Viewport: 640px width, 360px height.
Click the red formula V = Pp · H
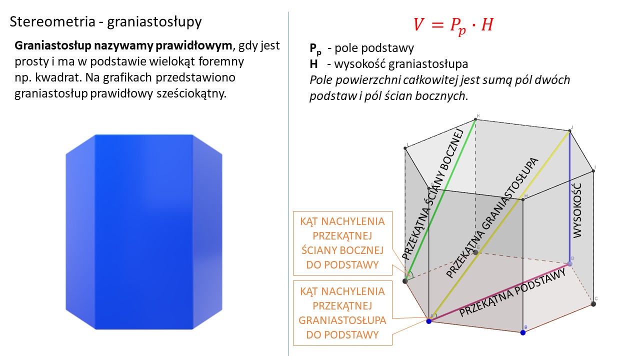click(453, 25)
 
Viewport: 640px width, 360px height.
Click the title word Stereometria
click(52, 21)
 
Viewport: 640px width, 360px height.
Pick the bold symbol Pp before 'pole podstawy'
click(315, 49)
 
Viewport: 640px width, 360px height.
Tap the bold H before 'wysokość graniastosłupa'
click(313, 64)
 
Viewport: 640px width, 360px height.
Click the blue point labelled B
click(523, 332)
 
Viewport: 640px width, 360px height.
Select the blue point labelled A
click(429, 321)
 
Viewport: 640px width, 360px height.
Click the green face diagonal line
click(440, 200)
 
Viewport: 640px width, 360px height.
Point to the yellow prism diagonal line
click(499, 226)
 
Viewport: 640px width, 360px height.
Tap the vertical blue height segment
click(569, 197)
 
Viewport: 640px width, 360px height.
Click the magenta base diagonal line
click(499, 292)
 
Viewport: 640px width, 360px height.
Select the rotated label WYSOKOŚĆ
click(577, 210)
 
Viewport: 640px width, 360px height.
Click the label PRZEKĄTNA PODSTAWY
click(512, 292)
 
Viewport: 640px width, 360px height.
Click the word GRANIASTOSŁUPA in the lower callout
click(342, 320)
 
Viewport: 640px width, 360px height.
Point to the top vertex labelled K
click(475, 119)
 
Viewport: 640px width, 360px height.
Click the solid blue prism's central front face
click(143, 231)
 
